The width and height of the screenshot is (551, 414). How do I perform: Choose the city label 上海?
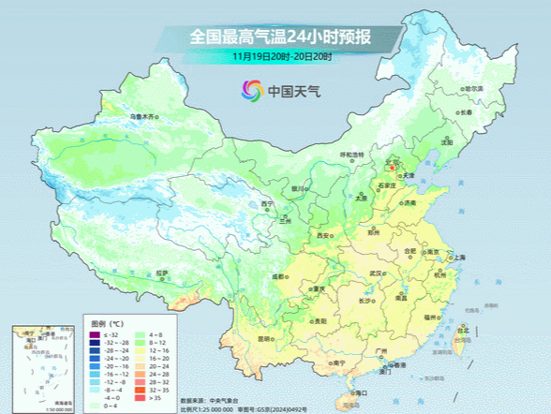[458, 257]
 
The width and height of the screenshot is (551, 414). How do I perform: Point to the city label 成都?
[277, 276]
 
